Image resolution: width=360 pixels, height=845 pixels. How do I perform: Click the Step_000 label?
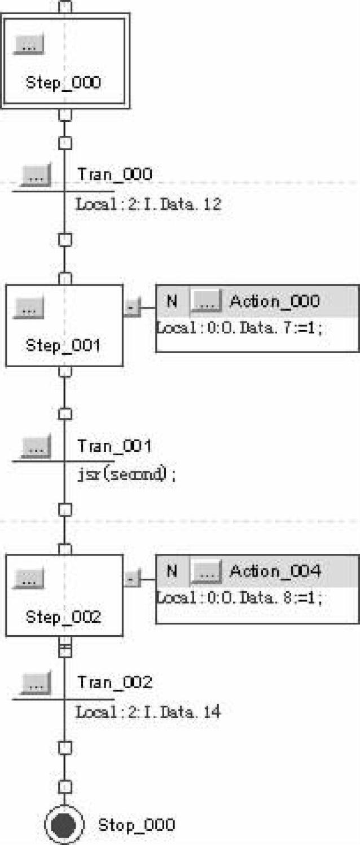click(63, 83)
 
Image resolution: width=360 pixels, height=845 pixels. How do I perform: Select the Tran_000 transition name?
click(115, 174)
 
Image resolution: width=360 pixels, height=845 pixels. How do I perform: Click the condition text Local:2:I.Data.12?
click(148, 204)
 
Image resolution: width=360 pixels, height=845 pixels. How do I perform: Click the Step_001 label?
click(63, 345)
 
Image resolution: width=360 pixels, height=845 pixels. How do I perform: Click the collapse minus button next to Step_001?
click(131, 309)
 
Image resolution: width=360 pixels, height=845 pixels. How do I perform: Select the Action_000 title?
click(274, 301)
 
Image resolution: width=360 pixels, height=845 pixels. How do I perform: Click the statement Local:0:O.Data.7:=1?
click(240, 328)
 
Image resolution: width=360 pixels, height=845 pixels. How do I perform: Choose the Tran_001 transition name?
click(115, 446)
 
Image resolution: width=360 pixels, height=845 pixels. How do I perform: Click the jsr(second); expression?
click(126, 474)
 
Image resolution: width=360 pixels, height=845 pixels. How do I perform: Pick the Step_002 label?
click(63, 617)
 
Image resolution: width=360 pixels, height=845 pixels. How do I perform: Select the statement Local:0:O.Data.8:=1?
click(240, 598)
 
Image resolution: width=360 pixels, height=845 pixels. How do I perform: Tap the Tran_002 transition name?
click(115, 683)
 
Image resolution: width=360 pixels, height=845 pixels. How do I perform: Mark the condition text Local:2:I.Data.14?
click(148, 712)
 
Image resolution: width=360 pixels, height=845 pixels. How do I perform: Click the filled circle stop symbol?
click(64, 826)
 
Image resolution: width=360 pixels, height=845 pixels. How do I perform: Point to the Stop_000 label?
click(137, 825)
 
